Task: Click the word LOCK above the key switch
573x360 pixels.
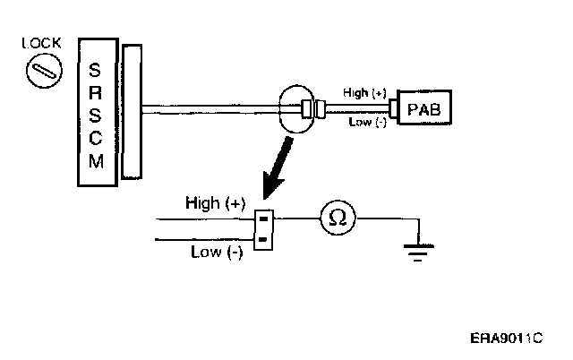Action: coord(41,42)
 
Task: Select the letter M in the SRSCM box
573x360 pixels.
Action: coord(96,162)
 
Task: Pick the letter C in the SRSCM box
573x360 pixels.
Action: coord(96,139)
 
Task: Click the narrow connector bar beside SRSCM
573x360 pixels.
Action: coord(132,111)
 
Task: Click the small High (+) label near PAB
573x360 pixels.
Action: coord(363,92)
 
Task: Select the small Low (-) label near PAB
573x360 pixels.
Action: coord(367,122)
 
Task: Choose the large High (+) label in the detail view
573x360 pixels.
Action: coord(215,203)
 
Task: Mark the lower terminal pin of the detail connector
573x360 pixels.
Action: coord(263,238)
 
